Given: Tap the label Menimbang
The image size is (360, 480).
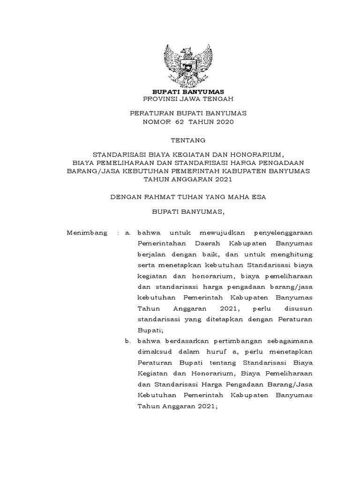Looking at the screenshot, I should pos(87,232).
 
